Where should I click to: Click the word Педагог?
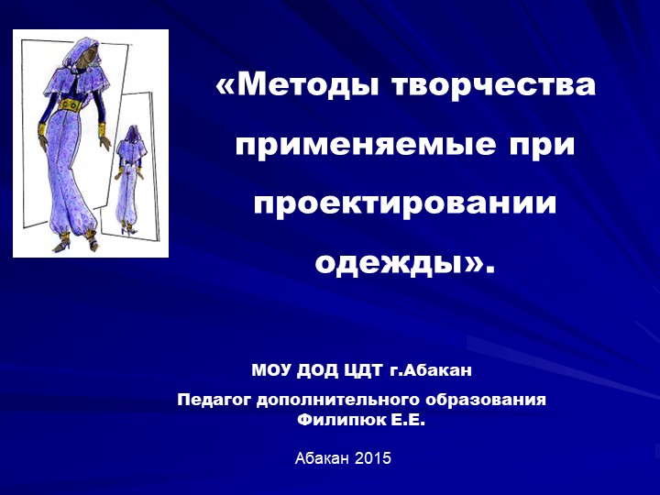[214, 400]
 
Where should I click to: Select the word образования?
[487, 400]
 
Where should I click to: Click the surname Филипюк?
[337, 420]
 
